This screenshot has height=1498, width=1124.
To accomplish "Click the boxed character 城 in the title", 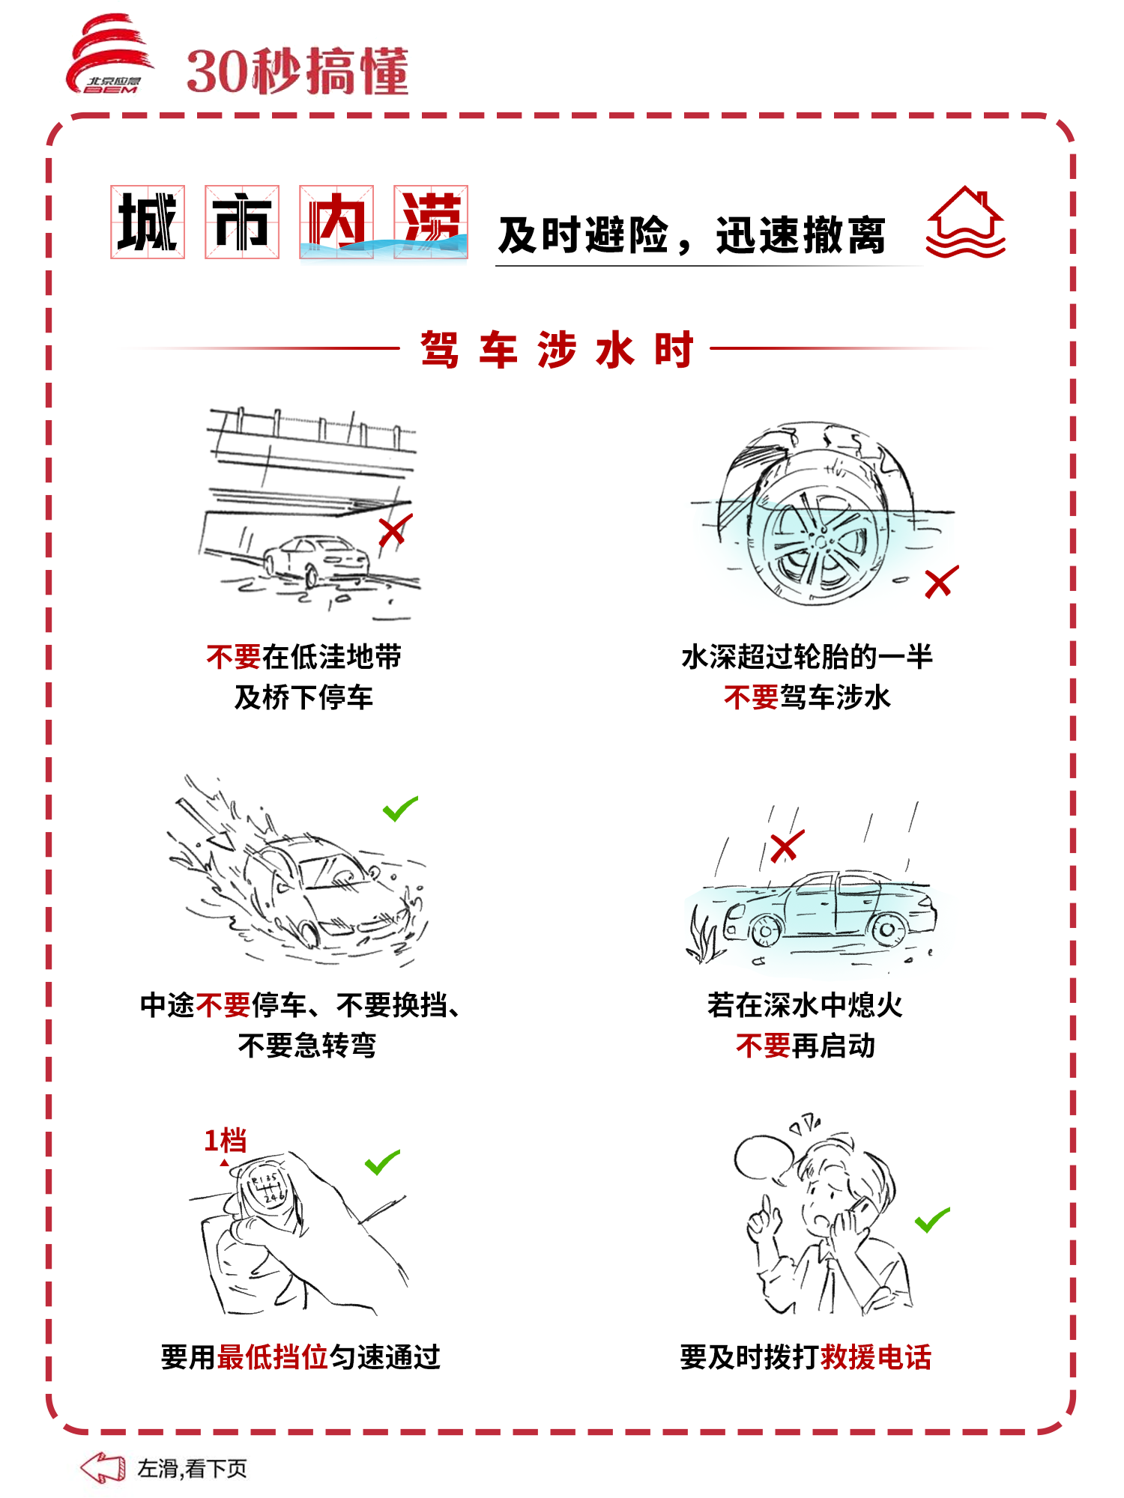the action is [x=148, y=222].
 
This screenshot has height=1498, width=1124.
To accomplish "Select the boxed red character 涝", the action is [x=431, y=222].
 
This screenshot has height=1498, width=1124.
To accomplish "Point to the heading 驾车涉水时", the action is [x=557, y=349].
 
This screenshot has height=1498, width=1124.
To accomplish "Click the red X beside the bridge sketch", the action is [x=395, y=531].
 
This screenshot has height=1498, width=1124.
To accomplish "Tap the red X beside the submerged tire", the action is [x=941, y=582].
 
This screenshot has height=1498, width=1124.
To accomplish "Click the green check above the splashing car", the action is [x=400, y=808].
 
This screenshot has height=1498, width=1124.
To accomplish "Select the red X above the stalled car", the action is [x=787, y=846].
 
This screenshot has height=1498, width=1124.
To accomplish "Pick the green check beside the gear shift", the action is [x=382, y=1162].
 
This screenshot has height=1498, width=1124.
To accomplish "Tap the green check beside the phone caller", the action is [x=932, y=1220].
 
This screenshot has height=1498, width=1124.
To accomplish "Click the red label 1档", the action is [x=225, y=1141].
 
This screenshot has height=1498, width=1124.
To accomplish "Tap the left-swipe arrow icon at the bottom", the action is [x=103, y=1468].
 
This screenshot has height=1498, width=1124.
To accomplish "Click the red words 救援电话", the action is [x=876, y=1357].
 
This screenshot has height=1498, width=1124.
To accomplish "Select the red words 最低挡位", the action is [x=273, y=1357].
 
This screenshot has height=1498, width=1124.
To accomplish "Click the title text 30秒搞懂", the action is [x=297, y=72].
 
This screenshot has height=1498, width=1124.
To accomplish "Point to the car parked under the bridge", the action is [x=316, y=559].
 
